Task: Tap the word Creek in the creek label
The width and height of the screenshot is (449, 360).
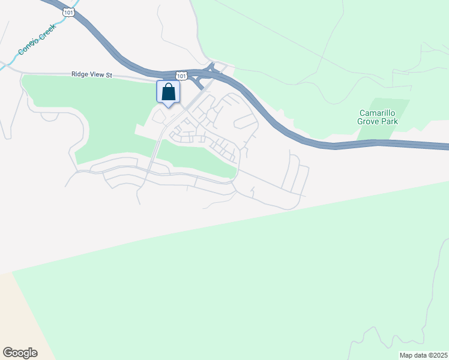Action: pyautogui.click(x=47, y=31)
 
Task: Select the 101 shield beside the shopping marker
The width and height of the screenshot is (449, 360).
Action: pyautogui.click(x=182, y=75)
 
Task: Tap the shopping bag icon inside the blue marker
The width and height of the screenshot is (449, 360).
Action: pyautogui.click(x=169, y=92)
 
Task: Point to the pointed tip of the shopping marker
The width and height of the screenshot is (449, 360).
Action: pyautogui.click(x=169, y=107)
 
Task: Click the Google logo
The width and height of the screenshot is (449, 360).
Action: pyautogui.click(x=20, y=353)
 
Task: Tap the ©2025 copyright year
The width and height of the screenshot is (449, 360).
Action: pyautogui.click(x=438, y=355)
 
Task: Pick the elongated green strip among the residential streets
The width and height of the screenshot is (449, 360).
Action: pyautogui.click(x=198, y=159)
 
